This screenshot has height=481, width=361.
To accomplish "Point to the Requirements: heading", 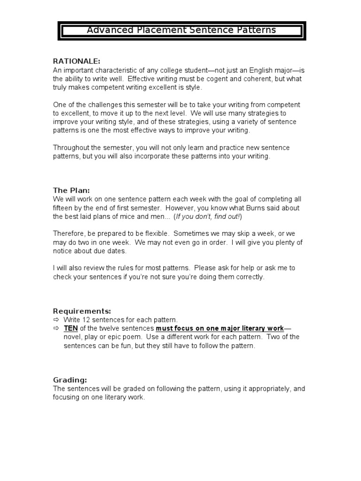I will [82, 311].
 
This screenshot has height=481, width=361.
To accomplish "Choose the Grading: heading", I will [70, 380].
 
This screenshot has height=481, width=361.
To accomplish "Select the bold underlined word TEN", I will [71, 328].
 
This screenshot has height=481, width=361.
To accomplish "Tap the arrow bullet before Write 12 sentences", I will [55, 319].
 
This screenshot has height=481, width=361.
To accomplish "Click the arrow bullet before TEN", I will [55, 328].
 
